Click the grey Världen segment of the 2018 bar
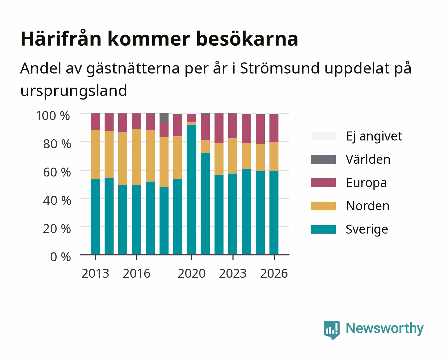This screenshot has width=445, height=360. point(164,118)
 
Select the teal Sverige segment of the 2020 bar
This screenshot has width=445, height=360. point(192,189)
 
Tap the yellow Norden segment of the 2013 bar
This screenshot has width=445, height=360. point(96,155)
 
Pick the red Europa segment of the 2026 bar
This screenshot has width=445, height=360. point(274,128)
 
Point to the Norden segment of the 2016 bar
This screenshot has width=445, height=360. point(137,157)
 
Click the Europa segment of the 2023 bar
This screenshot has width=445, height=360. point(233,126)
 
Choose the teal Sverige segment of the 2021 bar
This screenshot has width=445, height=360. point(206,204)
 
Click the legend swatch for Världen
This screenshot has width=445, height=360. point(323,159)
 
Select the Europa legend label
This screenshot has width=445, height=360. point(366,183)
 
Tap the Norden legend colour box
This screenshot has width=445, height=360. point(323,206)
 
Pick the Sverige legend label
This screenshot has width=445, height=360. point(367,229)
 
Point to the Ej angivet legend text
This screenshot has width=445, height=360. point(374,136)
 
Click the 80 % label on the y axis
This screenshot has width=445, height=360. point(57,144)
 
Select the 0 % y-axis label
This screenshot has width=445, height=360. point(60,257)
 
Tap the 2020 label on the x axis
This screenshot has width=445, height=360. point(192,273)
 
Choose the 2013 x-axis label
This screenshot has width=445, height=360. point(96,273)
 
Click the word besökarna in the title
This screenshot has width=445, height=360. point(247,39)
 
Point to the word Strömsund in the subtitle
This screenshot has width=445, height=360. point(280,68)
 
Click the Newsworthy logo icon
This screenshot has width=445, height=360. point(332,330)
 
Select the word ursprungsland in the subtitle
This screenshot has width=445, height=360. point(74,91)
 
